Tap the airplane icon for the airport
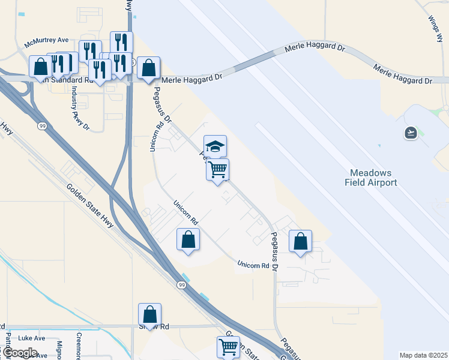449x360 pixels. click(411, 133)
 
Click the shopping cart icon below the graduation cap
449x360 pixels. click(217, 169)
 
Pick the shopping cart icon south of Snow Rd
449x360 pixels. click(228, 346)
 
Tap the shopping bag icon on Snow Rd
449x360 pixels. click(149, 314)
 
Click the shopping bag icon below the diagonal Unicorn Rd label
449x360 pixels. click(188, 240)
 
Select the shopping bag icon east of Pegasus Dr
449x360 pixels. click(300, 241)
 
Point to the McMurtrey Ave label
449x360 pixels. click(47, 43)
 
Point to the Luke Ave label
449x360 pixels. click(32, 338)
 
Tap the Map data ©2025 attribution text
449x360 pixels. click(423, 355)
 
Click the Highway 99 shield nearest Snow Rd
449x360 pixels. click(181, 284)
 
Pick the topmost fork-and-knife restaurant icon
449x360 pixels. click(121, 41)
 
